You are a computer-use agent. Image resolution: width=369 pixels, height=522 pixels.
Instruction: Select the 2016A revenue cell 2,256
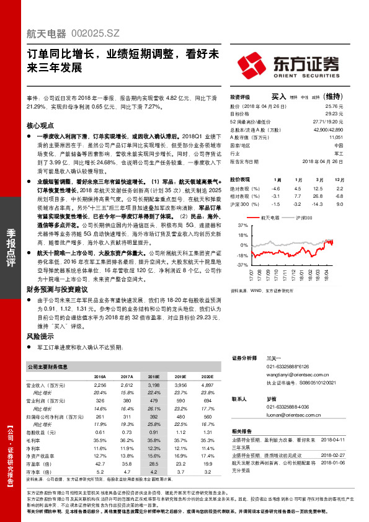[99, 385]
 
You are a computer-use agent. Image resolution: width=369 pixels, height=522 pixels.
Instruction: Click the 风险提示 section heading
[41, 335]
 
